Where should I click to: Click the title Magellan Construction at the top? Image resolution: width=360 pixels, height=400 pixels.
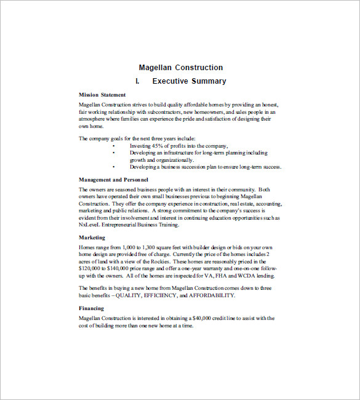(180, 68)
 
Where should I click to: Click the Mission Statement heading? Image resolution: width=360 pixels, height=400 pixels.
(102, 95)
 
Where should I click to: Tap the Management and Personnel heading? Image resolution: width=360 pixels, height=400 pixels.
(113, 180)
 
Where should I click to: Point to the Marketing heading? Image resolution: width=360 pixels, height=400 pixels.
(92, 237)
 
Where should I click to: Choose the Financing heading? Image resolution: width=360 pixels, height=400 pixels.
(91, 308)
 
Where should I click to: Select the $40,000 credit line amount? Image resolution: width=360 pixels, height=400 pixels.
(206, 318)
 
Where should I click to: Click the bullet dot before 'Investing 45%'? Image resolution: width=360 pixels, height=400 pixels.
(114, 145)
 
